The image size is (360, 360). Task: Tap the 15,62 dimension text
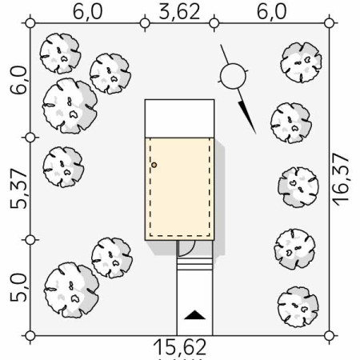point(180,347)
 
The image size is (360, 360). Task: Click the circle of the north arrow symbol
point(232,77)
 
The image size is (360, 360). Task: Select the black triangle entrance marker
point(194,314)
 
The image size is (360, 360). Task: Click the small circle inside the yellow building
point(154,166)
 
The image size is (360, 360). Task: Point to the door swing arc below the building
point(185,248)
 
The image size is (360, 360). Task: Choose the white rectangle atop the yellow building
point(179,118)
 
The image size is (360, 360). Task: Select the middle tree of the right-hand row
point(297,186)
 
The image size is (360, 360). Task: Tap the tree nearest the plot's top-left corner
point(60,53)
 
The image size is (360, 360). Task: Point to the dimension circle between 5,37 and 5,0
point(30,240)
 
